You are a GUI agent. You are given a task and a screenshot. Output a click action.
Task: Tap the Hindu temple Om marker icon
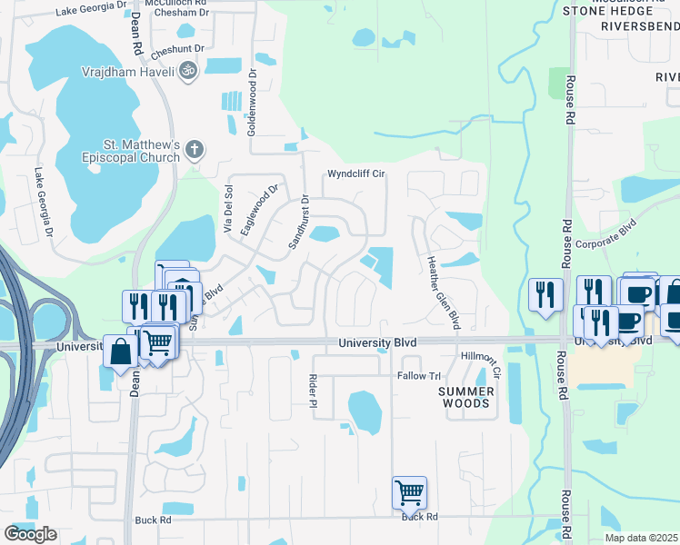point(188,69)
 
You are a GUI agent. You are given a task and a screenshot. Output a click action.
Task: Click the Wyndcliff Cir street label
point(357,173)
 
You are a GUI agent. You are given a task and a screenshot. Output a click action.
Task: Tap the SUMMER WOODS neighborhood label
point(465,396)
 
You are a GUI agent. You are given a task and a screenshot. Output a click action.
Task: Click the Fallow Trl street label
point(418,376)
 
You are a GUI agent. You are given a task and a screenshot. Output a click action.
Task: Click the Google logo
point(30,534)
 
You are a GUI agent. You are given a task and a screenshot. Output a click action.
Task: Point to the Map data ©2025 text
point(641,538)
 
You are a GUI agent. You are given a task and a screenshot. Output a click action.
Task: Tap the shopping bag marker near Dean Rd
point(120,350)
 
